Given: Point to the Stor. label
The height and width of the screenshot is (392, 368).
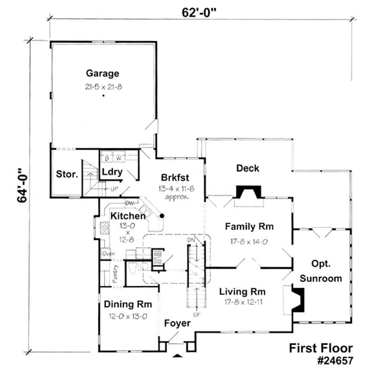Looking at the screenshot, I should point(67,174).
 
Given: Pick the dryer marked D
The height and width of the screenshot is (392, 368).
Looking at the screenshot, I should point(107,159).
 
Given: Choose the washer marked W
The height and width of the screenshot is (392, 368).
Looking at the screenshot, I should point(119,159).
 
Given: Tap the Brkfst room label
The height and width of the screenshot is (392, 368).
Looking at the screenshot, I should point(176,178).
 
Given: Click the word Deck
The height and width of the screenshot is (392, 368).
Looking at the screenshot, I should point(247,168).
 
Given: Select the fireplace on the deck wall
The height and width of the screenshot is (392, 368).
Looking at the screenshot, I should point(248,191).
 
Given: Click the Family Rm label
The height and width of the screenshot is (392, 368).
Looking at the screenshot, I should point(249,227).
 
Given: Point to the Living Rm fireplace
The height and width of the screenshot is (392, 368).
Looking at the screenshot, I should point(298,300).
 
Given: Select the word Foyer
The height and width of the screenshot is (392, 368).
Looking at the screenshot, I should point(177,324).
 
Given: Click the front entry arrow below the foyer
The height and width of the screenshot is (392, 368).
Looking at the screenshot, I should point(177,355).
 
